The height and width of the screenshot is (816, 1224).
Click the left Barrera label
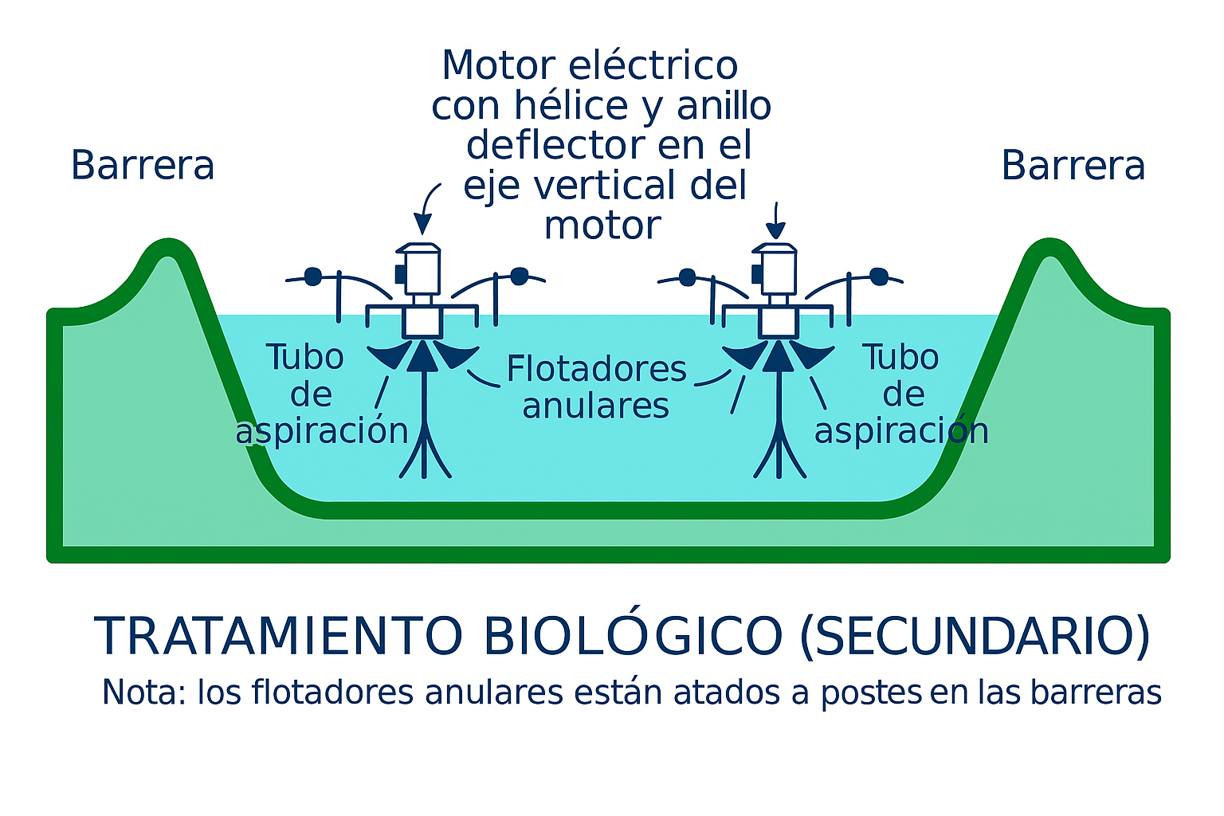(143, 166)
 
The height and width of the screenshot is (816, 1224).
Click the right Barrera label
(1073, 166)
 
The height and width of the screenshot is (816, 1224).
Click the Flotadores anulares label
(596, 386)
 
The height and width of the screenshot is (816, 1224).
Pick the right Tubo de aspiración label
(901, 394)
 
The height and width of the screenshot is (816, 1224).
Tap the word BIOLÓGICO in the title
(633, 636)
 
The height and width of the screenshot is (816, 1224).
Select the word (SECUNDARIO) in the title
(975, 636)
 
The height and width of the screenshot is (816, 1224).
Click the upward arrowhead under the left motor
(422, 356)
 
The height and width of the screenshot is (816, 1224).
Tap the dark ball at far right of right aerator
(878, 277)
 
